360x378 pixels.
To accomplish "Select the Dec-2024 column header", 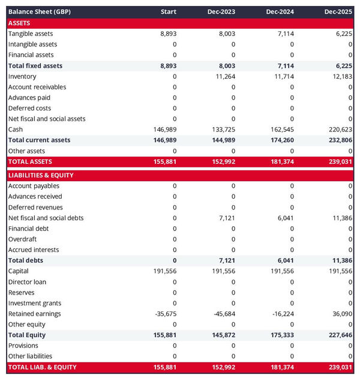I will click(280, 12).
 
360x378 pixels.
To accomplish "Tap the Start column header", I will click(169, 12).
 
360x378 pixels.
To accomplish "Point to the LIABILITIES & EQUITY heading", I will click(41, 175).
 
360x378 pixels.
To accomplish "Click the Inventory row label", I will click(22, 76).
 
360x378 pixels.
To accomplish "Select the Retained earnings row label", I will click(35, 314).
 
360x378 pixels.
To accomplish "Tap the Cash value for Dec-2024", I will click(281, 130).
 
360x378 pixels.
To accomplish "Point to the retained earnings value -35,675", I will click(165, 314).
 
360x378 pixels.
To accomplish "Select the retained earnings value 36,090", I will click(341, 314).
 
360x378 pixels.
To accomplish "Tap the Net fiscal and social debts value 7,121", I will click(227, 218).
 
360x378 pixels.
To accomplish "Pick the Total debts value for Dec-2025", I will click(340, 260).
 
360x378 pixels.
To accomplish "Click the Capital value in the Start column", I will click(164, 271).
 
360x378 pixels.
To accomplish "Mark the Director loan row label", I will click(27, 282).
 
